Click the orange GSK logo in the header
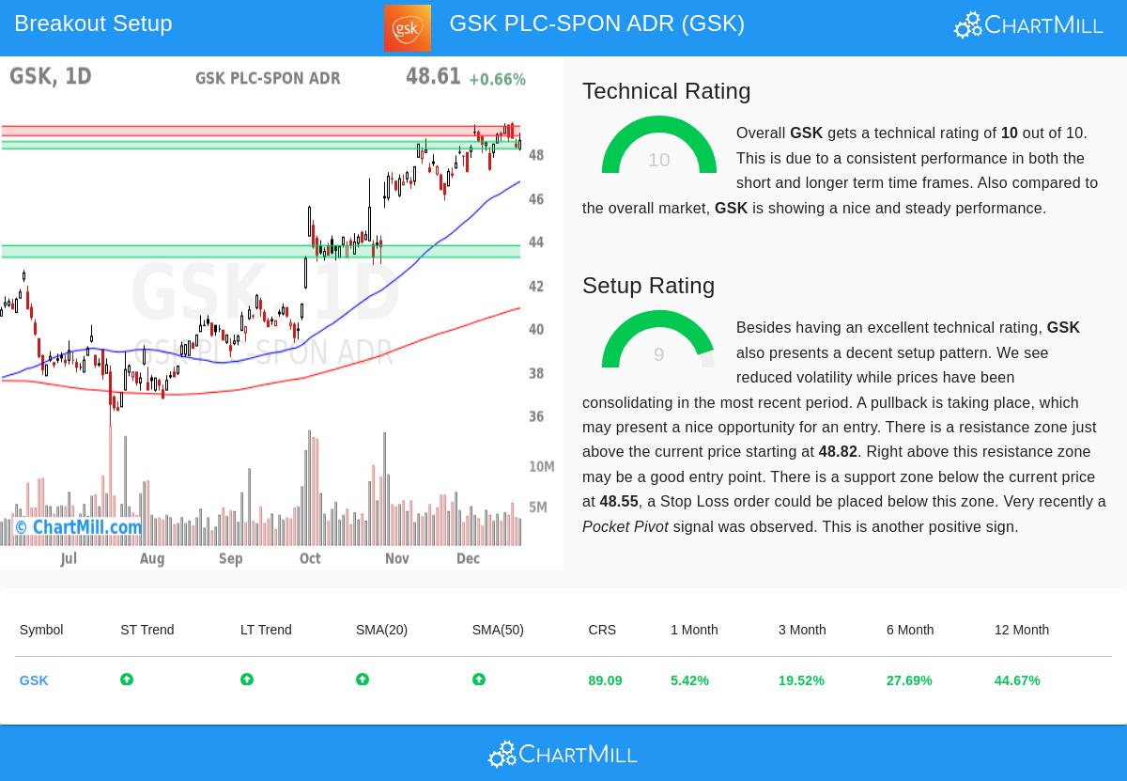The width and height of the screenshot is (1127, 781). (x=407, y=28)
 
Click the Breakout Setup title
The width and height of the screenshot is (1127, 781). (x=93, y=23)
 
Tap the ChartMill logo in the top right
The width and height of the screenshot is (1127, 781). (x=1028, y=24)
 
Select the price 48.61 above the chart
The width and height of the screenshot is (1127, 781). (x=433, y=77)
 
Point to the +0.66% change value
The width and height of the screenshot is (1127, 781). (x=497, y=80)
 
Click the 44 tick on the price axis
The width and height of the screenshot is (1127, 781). (x=536, y=242)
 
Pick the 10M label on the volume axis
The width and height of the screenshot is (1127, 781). (x=541, y=467)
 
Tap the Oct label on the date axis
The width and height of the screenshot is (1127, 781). (x=310, y=558)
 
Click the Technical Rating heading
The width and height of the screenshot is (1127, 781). (x=666, y=91)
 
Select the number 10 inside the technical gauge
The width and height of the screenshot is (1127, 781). (x=658, y=160)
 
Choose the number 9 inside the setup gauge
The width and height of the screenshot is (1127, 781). (x=658, y=354)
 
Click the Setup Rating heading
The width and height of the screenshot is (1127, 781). (x=648, y=286)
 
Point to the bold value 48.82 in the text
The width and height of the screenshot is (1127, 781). (x=838, y=452)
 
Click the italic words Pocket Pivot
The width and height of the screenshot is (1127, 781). (x=625, y=527)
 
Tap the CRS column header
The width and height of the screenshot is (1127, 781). (x=602, y=630)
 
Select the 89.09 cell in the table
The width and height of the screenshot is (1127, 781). (x=605, y=680)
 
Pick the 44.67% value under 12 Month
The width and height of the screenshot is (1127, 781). (x=1016, y=680)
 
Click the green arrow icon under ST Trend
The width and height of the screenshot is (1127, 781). (x=127, y=679)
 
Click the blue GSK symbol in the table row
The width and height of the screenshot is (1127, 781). (x=34, y=680)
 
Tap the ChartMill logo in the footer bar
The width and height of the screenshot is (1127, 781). (x=563, y=754)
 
